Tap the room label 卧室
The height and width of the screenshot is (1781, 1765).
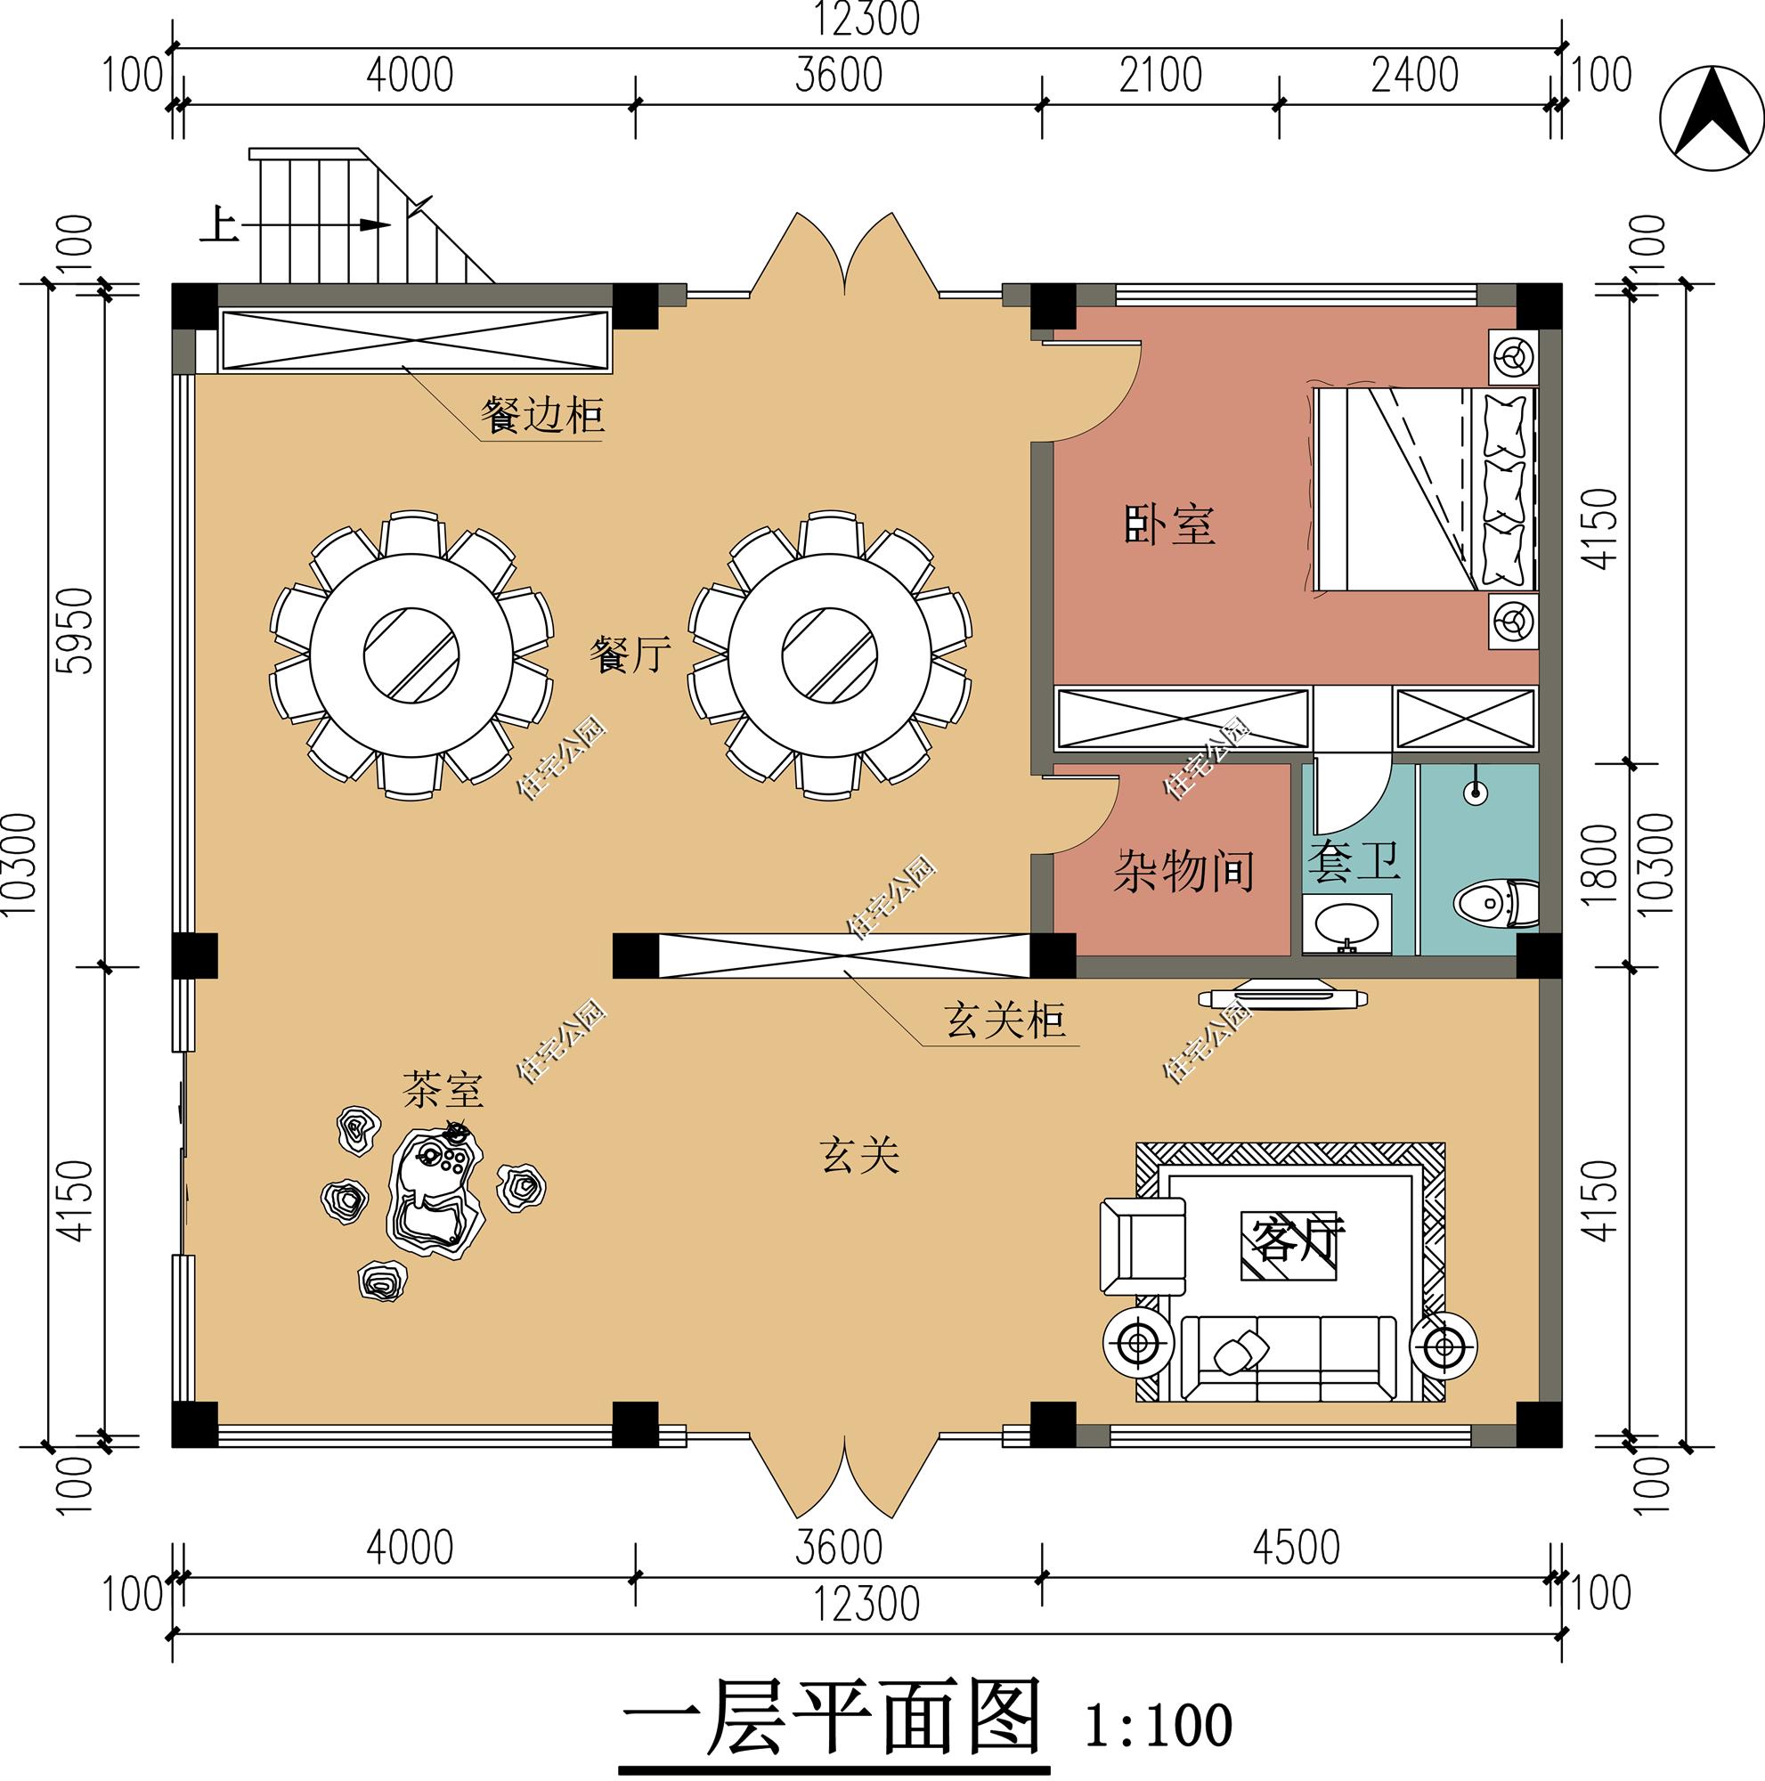[x=1169, y=525]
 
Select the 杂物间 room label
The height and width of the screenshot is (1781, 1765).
[x=1183, y=870]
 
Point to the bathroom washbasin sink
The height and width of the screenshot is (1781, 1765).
[x=1346, y=923]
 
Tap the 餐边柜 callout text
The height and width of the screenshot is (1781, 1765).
[x=542, y=416]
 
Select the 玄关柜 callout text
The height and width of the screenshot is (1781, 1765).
[x=1005, y=1021]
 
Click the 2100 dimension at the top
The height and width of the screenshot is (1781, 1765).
[x=1160, y=76]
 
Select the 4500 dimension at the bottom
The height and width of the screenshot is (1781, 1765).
[x=1295, y=1549]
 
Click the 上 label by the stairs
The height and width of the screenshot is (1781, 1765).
[x=219, y=225]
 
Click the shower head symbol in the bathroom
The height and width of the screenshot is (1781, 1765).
[x=1476, y=790]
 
